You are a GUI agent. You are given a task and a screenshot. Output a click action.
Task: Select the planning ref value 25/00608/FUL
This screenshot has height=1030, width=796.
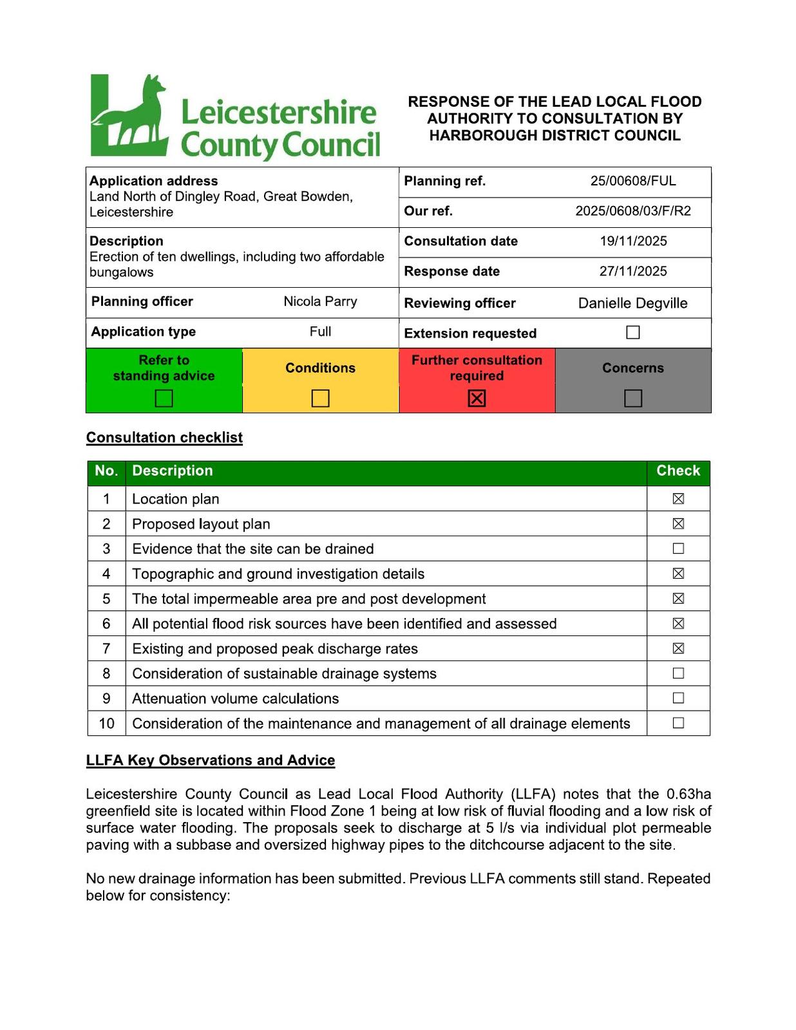[x=633, y=181]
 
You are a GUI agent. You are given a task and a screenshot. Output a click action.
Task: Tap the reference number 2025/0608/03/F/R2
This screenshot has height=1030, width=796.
[x=633, y=211]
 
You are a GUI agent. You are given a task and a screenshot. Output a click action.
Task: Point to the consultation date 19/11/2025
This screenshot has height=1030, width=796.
[x=633, y=241]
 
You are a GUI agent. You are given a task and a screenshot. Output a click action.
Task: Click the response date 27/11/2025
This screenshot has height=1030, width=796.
[x=633, y=271]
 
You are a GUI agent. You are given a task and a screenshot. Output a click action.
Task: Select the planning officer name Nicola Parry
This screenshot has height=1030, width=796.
[x=320, y=301]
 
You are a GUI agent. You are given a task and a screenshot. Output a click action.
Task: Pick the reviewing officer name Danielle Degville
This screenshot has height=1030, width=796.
[x=632, y=303]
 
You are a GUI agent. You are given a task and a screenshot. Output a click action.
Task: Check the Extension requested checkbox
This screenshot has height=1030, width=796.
[x=633, y=332]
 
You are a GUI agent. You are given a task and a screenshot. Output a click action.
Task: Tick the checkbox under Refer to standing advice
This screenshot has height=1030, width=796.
[x=164, y=398]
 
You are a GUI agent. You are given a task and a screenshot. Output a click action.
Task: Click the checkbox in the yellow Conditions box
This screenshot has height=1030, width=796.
[x=320, y=398]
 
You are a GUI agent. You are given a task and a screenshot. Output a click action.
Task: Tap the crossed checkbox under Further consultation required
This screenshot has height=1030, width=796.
[x=477, y=398]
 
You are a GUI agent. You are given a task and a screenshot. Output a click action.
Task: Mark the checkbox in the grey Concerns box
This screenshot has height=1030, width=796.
[x=633, y=398]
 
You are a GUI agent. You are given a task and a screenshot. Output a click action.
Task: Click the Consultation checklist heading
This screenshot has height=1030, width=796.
[x=164, y=438]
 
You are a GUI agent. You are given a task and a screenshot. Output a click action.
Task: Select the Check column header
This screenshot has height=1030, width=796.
[x=678, y=471]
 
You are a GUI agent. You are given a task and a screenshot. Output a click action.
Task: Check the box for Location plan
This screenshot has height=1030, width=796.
[x=678, y=498]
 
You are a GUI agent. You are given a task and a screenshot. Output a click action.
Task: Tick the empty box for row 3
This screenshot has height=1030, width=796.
[x=678, y=548]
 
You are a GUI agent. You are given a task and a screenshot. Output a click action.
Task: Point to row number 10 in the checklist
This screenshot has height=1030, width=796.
[x=106, y=724]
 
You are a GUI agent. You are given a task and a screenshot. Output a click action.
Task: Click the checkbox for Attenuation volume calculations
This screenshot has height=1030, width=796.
[x=678, y=698]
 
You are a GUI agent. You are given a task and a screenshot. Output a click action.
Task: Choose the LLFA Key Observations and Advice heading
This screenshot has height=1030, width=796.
[x=211, y=760]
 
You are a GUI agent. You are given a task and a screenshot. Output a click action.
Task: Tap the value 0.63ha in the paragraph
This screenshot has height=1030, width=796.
[x=688, y=794]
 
